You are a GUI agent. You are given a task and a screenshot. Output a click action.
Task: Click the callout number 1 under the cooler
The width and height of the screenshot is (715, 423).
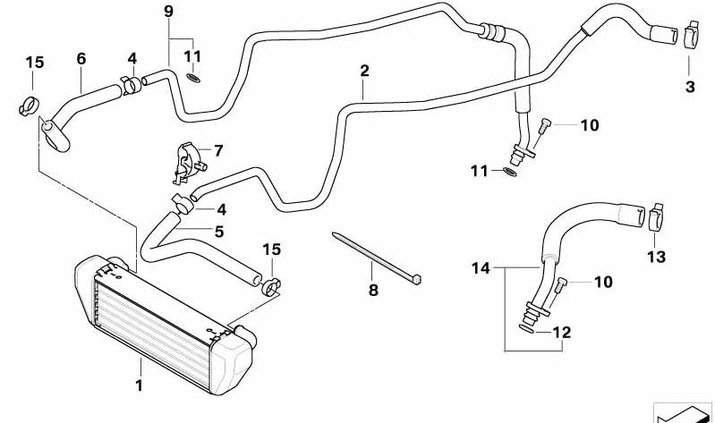click(x=139, y=387)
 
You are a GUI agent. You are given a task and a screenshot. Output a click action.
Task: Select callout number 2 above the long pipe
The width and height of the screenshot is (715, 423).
click(x=364, y=70)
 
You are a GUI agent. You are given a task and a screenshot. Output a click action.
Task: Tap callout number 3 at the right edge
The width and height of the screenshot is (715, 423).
click(x=690, y=87)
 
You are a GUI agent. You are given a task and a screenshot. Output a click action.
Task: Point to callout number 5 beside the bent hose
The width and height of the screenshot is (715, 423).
click(x=218, y=230)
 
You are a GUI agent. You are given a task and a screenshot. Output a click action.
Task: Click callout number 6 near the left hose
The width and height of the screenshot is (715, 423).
click(x=81, y=58)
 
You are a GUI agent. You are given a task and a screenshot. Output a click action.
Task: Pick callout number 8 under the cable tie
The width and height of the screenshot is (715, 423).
click(x=374, y=290)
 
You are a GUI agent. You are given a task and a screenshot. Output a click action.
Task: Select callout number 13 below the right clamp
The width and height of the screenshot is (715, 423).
click(x=656, y=258)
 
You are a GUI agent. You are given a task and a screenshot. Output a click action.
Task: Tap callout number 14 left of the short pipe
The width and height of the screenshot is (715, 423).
click(x=481, y=267)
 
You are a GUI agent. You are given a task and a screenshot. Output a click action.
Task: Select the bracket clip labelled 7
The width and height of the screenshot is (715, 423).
click(x=189, y=161)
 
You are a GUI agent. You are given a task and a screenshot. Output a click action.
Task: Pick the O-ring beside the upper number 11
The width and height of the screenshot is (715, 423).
click(x=194, y=79)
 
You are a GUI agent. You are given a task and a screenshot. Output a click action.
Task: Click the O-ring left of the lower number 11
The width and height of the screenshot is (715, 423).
click(x=510, y=171)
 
